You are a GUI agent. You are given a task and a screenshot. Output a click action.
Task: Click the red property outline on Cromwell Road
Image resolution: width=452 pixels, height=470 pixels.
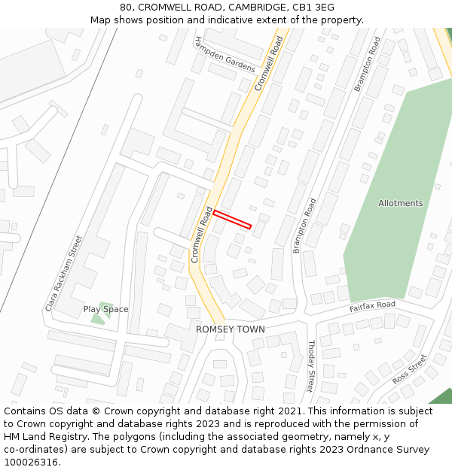(232, 220)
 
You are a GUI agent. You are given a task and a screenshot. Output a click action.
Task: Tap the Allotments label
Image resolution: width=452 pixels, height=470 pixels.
(400, 203)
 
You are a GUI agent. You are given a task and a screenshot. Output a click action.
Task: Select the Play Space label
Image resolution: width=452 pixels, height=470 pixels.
(105, 309)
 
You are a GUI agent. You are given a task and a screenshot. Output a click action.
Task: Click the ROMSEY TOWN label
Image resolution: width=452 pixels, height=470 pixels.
(231, 329)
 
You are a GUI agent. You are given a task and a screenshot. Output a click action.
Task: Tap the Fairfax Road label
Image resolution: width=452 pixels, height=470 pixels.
(372, 307)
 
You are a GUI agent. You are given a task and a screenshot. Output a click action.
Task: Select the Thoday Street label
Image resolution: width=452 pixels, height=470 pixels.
(310, 366)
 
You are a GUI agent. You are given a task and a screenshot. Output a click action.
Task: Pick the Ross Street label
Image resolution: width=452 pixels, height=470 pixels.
(410, 369)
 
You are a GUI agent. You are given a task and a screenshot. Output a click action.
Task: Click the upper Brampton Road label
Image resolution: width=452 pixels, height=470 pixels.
(368, 64)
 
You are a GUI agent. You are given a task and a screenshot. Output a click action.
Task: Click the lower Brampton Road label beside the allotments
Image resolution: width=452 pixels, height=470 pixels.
(305, 226)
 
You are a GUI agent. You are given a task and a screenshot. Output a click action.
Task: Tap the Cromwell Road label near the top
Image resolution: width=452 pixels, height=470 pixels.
(269, 64)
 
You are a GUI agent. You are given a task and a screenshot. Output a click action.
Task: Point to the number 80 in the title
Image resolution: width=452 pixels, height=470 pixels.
(126, 7)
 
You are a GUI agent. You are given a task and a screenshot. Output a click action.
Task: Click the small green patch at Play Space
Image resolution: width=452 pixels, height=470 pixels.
(98, 316)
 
